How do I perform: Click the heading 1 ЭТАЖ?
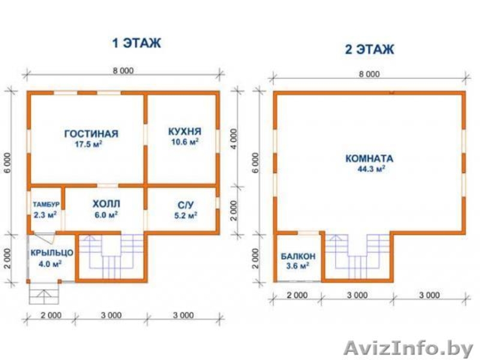[x=137, y=43]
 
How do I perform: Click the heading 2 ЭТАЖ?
[x=370, y=49]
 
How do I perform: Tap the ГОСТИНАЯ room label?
[x=91, y=134]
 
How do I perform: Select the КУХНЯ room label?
[x=185, y=131]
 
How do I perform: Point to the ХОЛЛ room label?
[x=106, y=204]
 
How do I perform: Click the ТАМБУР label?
[x=46, y=204]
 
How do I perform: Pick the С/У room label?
[x=185, y=205]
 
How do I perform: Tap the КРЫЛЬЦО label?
[x=52, y=253]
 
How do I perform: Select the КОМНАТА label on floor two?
[x=369, y=158]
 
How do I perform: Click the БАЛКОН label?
[x=298, y=256]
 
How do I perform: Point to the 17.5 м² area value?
[x=88, y=144]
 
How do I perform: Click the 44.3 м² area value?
[x=371, y=169]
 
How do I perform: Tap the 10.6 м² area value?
[x=185, y=142]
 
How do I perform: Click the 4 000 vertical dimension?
[x=233, y=139]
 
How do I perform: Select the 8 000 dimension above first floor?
[x=124, y=71]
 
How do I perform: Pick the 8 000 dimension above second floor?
[x=369, y=74]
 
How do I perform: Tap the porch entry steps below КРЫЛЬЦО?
[x=44, y=294]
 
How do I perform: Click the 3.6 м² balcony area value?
[x=297, y=266]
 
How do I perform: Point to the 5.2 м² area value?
[x=185, y=215]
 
